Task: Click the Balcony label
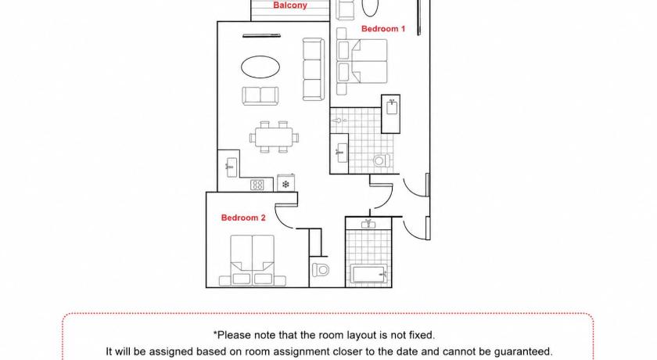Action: coord(290,5)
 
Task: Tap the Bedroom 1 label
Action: coord(383,28)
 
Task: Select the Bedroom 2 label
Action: coord(243,218)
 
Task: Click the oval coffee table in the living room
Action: coord(260,67)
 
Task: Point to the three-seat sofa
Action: coord(314,70)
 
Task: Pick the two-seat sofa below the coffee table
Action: coord(260,96)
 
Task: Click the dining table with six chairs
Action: coord(274,137)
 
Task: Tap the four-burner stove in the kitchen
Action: coord(257,185)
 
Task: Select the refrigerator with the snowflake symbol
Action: coord(285,182)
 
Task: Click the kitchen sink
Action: coord(232,167)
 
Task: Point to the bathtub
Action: coord(369,275)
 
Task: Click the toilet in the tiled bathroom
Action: coord(382,160)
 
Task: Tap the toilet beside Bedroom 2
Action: coord(321,270)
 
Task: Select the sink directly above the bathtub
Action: coord(368,224)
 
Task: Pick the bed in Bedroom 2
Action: coord(252,261)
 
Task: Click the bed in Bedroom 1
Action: coord(362,61)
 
